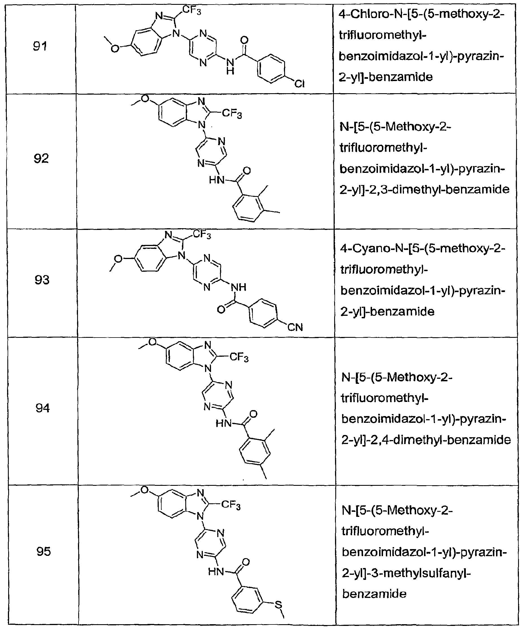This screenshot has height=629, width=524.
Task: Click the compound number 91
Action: click(x=40, y=46)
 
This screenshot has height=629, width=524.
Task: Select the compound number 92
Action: click(x=41, y=158)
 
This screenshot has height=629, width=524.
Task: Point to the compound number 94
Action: click(x=43, y=408)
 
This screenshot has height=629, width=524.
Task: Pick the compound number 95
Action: click(x=44, y=551)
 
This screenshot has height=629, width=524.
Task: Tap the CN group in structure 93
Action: click(x=295, y=327)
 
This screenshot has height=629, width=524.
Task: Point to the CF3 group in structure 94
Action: click(x=239, y=357)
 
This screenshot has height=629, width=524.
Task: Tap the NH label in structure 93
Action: click(x=238, y=287)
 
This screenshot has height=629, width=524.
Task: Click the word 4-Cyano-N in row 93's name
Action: click(x=369, y=249)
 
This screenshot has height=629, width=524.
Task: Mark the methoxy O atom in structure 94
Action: click(x=153, y=342)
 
